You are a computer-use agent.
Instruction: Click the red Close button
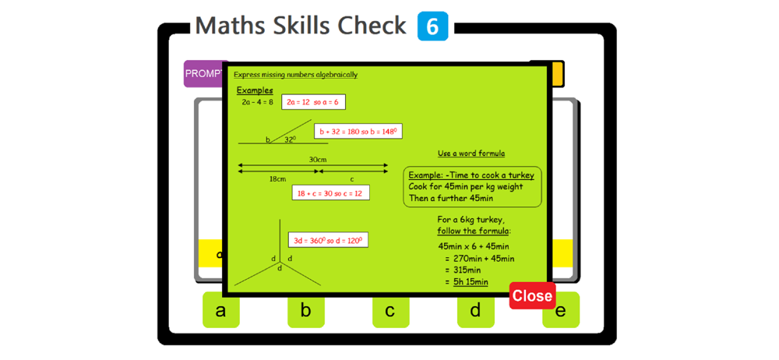(532, 296)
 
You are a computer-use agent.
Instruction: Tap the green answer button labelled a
(220, 310)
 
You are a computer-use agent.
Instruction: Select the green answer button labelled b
(305, 310)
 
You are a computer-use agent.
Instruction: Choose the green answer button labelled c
(390, 310)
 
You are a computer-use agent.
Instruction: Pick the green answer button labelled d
(475, 310)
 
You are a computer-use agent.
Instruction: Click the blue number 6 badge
(432, 26)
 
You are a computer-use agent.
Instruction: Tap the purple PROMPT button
(203, 73)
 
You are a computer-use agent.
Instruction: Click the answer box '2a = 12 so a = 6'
(313, 102)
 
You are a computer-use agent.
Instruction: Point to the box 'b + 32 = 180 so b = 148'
(358, 132)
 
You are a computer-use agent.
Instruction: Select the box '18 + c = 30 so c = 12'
(330, 193)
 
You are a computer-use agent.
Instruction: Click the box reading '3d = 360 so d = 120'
(328, 240)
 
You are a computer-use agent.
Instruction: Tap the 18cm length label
(277, 178)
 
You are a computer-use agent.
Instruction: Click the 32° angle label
(290, 139)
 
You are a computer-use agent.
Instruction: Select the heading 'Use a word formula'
(471, 154)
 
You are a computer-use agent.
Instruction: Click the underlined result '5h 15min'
(471, 282)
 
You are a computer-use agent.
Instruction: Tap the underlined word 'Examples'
(255, 90)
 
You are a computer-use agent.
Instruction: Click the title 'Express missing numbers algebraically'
(295, 75)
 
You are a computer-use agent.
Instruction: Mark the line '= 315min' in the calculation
(463, 270)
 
